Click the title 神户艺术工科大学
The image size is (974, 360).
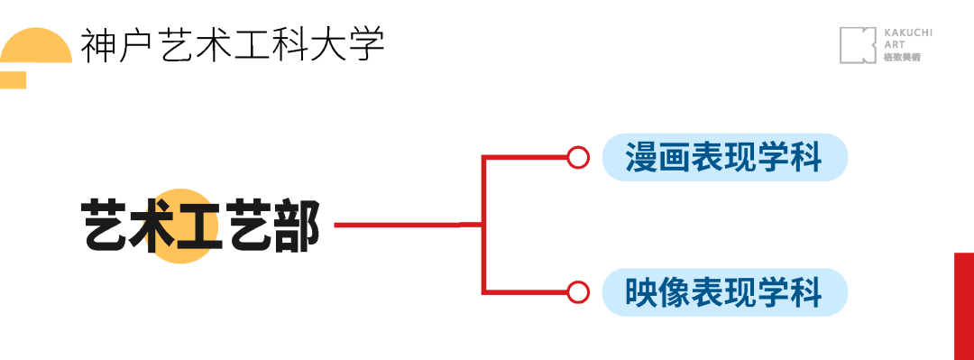[x=233, y=44]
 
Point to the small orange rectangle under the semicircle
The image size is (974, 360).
[x=13, y=80]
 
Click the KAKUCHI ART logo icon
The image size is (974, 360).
[x=858, y=45]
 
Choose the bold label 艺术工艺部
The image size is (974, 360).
[x=201, y=225]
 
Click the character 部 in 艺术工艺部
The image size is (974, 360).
[x=297, y=225]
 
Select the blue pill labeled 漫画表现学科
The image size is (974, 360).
[x=725, y=158]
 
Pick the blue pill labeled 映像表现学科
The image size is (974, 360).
[x=725, y=292]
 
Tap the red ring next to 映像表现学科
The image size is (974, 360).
[x=578, y=292]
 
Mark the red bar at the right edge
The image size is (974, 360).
[x=964, y=306]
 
